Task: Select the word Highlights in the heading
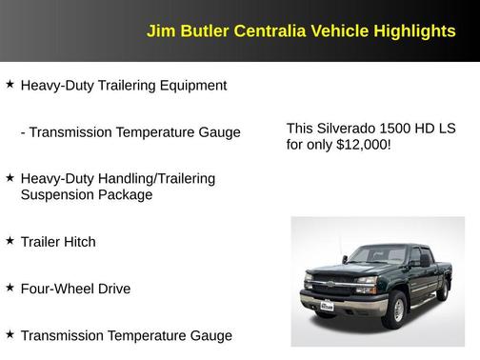(412, 31)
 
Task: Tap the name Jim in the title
(159, 31)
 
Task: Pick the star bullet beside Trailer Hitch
(10, 241)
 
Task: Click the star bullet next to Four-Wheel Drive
(10, 287)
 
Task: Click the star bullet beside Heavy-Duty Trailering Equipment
(10, 85)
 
